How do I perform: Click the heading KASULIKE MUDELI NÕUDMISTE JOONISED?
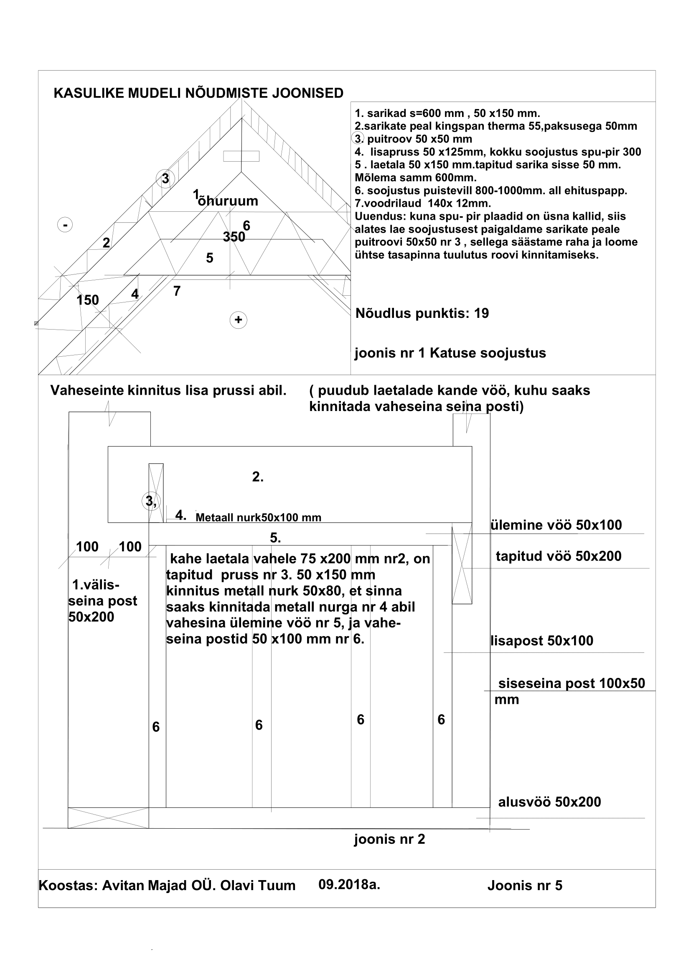198,93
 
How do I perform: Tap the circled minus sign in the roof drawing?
65,224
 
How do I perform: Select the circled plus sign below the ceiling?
238,320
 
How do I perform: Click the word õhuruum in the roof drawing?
228,201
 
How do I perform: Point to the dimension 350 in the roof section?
234,236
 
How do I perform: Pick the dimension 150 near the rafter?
88,300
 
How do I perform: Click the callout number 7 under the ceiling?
177,291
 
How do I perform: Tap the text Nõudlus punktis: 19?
422,313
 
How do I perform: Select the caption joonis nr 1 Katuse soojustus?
450,353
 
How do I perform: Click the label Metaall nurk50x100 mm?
258,518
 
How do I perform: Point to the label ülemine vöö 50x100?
556,525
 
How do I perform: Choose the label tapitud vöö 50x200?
558,556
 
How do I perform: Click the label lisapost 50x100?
542,640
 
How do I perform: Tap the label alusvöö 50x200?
549,802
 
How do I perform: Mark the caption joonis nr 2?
389,839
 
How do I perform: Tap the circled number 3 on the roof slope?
165,179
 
